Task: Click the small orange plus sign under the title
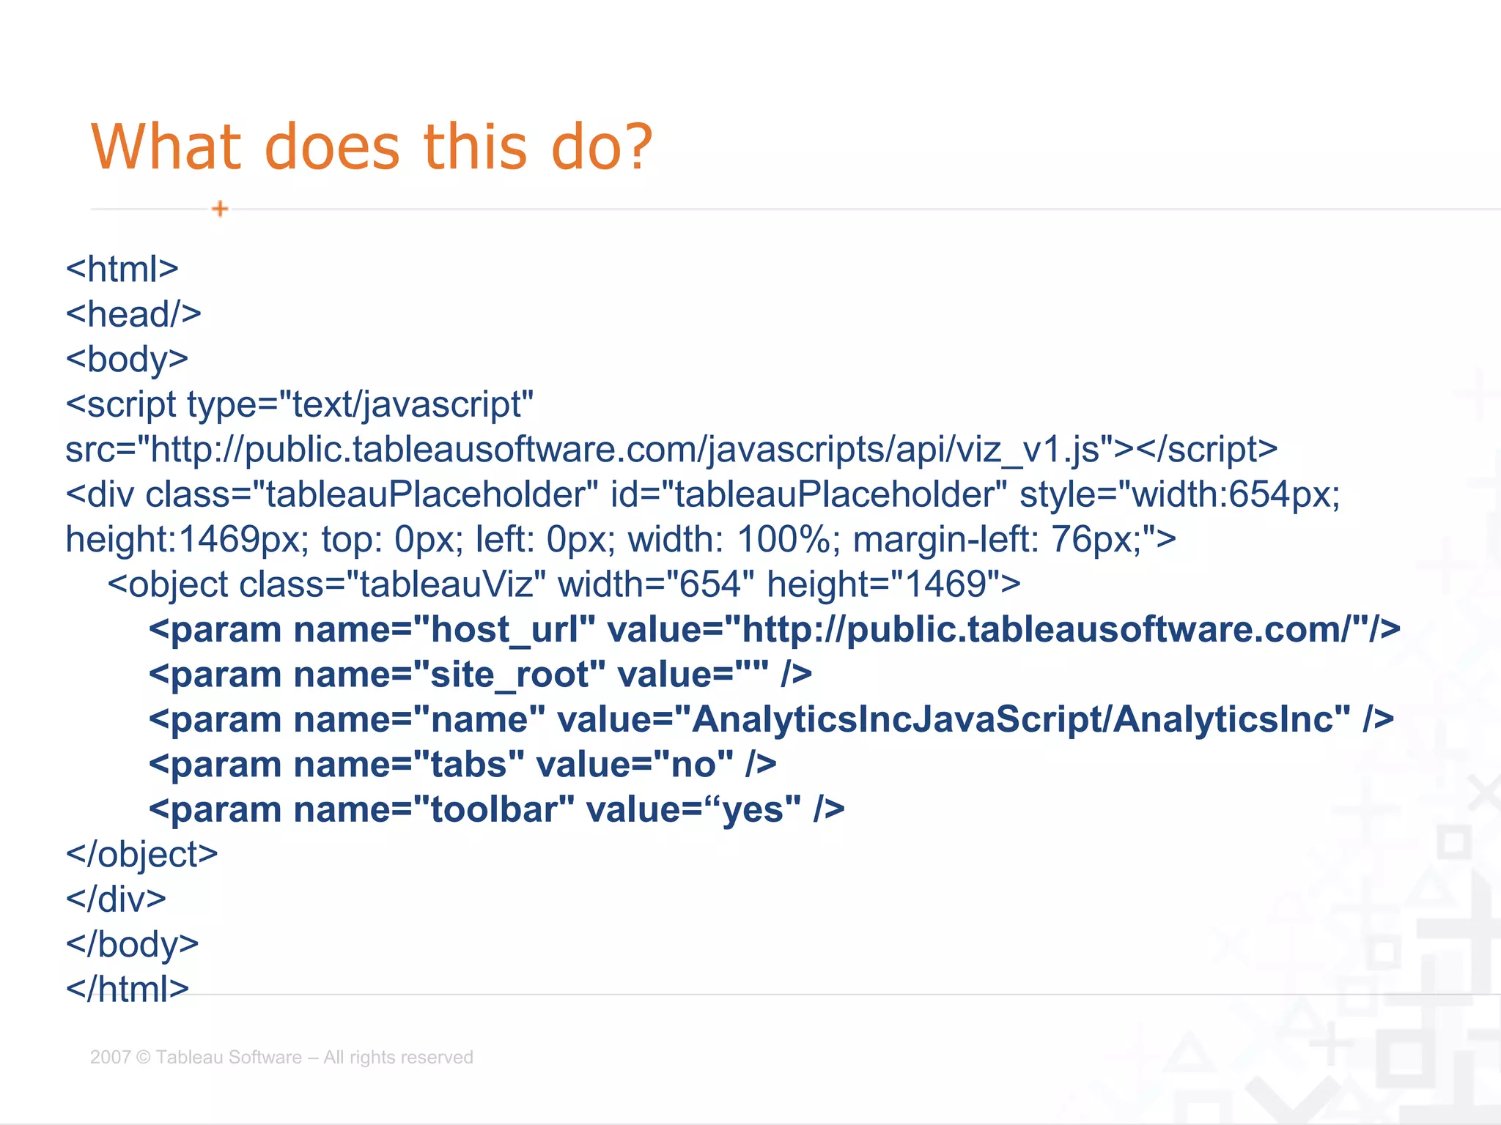(x=220, y=209)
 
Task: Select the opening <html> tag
(x=122, y=270)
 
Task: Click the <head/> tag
(x=133, y=314)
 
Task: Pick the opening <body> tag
(x=128, y=360)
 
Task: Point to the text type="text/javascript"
(x=360, y=404)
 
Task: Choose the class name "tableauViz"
(x=445, y=584)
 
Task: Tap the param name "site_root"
(x=509, y=675)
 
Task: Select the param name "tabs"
(x=469, y=765)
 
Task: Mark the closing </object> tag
(x=142, y=855)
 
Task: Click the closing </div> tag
(x=117, y=899)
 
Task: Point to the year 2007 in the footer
(x=110, y=1057)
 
